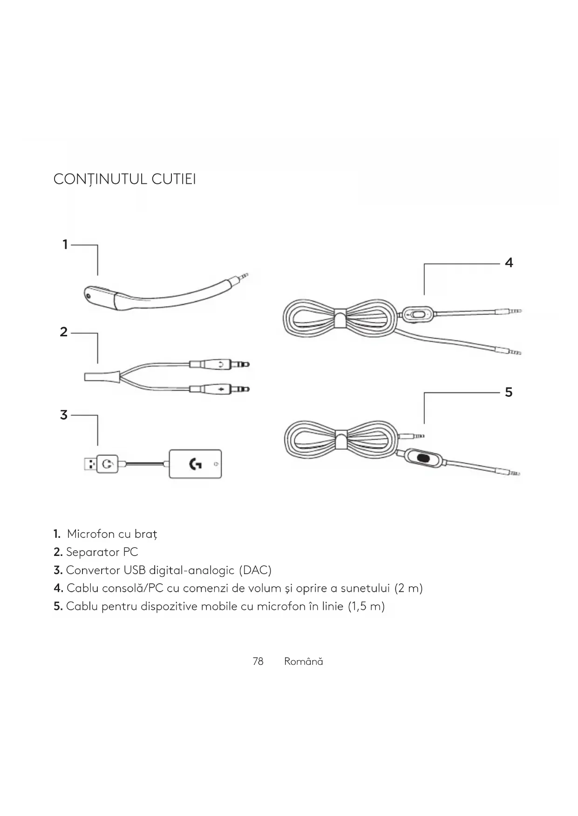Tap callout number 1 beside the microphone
tap(65, 244)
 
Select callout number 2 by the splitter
tap(64, 332)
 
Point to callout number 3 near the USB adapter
tap(64, 415)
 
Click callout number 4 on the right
tap(509, 263)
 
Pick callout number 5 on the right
tap(509, 392)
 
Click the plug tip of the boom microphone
tap(243, 277)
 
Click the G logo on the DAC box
tap(195, 464)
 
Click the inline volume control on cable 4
tap(418, 314)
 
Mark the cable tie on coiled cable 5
tap(341, 439)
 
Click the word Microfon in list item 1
tap(90, 534)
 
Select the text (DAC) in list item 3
tap(255, 570)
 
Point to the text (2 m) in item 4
tap(408, 589)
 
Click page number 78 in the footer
tap(258, 662)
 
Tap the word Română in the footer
tap(303, 662)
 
